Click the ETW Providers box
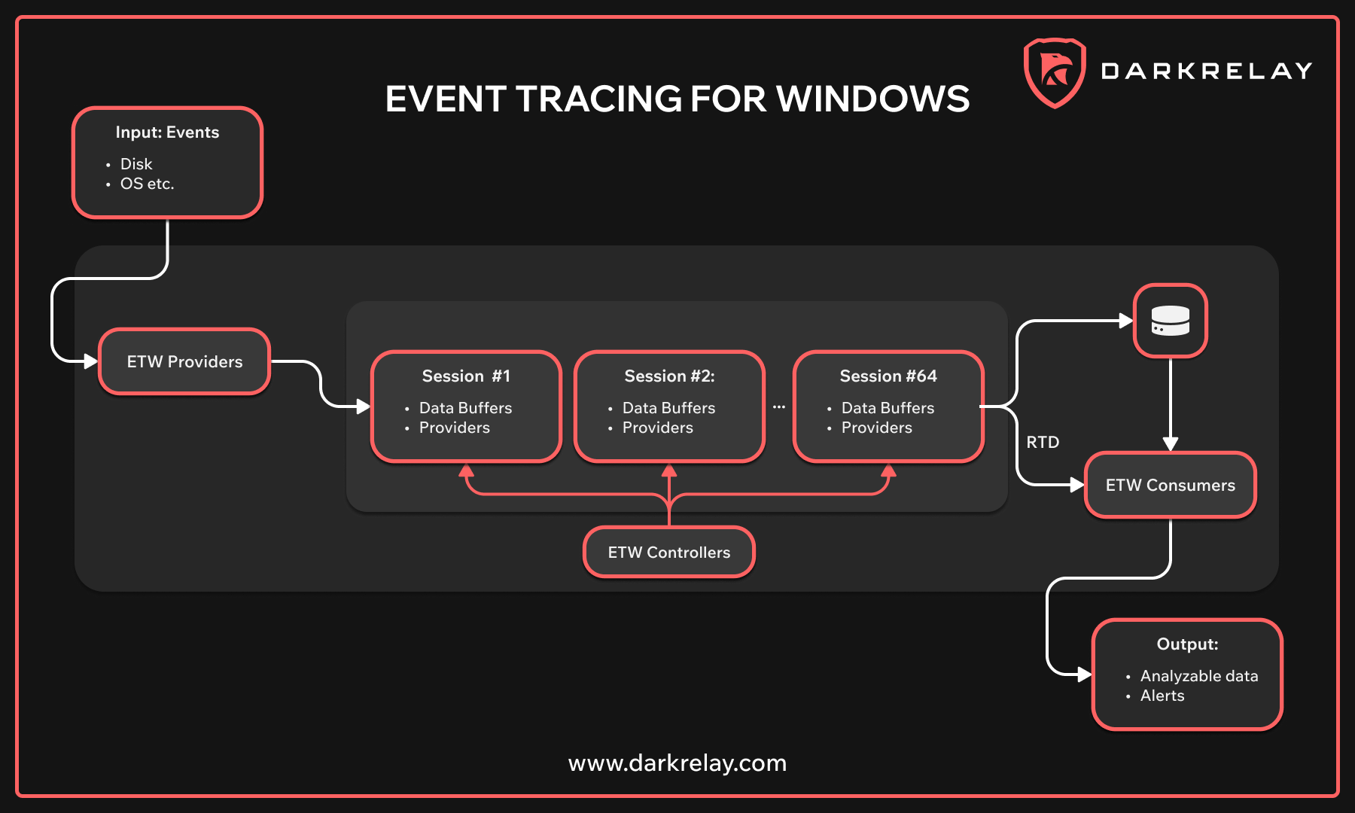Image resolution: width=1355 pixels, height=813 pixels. coord(184,361)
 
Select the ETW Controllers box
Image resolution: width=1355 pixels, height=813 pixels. coord(668,553)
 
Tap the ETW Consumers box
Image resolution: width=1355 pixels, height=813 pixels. coord(1170,486)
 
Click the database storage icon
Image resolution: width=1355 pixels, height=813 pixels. coord(1171,321)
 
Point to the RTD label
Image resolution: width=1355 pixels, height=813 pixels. coord(1043,443)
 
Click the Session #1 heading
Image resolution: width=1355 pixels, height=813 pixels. coord(466,376)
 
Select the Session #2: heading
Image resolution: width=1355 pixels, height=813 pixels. coord(669,376)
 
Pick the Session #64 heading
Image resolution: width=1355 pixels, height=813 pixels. coord(888,376)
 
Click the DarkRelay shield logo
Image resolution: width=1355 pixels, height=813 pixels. coord(1055,72)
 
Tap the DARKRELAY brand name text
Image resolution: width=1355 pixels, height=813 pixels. coord(1207,72)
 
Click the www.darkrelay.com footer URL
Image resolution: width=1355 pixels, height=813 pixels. coord(677,763)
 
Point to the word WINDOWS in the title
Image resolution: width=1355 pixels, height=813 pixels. coord(873,99)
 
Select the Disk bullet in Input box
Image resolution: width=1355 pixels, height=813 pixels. coord(136,164)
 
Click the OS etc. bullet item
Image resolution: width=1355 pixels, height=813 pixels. coord(147,184)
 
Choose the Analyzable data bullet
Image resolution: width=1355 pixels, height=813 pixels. coord(1198,676)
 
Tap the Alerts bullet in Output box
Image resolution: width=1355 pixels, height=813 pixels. coord(1162,696)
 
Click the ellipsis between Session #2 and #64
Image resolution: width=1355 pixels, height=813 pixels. coord(779,407)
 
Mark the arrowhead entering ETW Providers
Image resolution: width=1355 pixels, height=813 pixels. coord(91,361)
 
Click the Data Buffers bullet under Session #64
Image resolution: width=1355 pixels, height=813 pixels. coord(888,408)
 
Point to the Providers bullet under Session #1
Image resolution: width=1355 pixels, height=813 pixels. coord(454,428)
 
